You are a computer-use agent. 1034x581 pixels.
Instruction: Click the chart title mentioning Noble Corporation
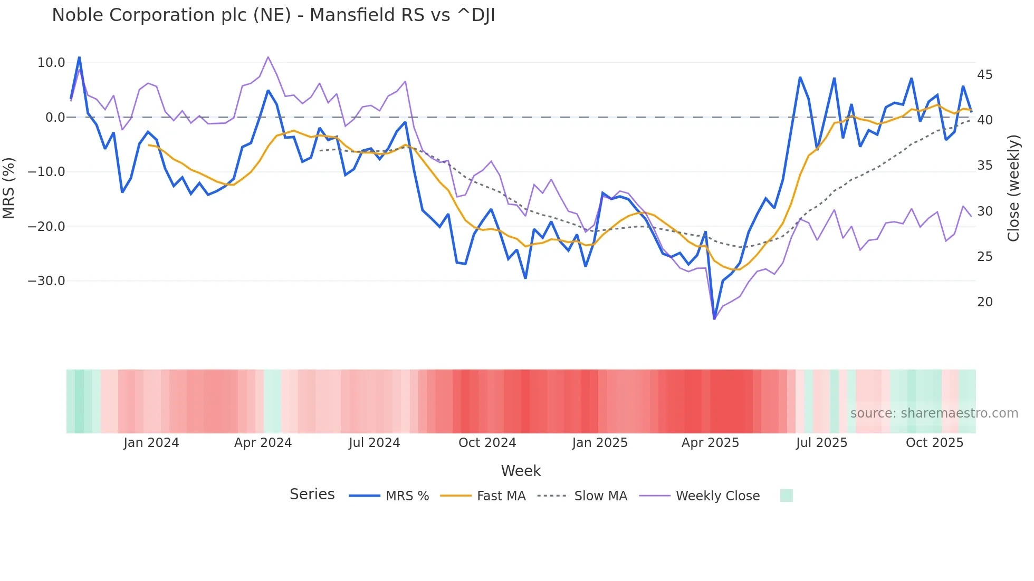pyautogui.click(x=273, y=15)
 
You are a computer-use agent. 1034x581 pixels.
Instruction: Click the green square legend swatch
pyautogui.click(x=786, y=496)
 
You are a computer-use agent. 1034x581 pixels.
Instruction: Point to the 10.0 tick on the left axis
pyautogui.click(x=51, y=63)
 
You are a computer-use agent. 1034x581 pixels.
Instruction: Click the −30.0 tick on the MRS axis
pyautogui.click(x=46, y=281)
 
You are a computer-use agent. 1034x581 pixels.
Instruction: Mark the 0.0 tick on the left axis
pyautogui.click(x=55, y=118)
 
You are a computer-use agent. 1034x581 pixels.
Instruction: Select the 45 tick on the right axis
pyautogui.click(x=984, y=75)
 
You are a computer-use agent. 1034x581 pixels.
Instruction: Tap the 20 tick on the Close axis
pyautogui.click(x=984, y=302)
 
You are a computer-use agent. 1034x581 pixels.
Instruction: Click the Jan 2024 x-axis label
pyautogui.click(x=151, y=443)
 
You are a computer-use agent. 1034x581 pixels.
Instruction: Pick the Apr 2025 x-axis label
pyautogui.click(x=710, y=443)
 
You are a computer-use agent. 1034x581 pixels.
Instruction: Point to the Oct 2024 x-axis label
pyautogui.click(x=487, y=443)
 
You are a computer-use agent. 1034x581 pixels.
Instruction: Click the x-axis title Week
pyautogui.click(x=521, y=471)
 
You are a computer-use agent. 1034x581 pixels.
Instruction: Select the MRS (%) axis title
pyautogui.click(x=9, y=188)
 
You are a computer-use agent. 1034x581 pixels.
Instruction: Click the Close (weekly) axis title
pyautogui.click(x=1013, y=188)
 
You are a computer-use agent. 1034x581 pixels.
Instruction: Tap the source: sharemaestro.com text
pyautogui.click(x=934, y=413)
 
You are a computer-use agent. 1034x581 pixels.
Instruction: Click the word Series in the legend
pyautogui.click(x=312, y=495)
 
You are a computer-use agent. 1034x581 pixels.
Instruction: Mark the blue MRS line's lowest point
pyautogui.click(x=714, y=318)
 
